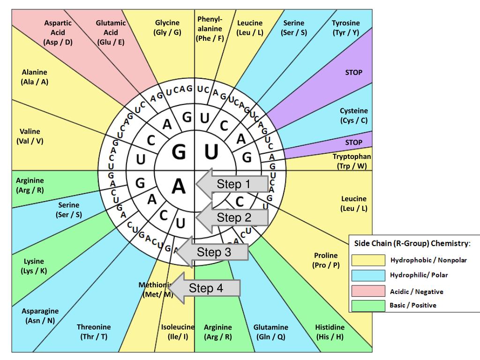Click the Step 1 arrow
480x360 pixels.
pos(233,184)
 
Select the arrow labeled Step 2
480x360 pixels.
pos(233,217)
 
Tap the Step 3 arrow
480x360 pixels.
pos(213,252)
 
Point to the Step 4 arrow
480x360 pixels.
pos(206,288)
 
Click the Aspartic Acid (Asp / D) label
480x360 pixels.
pos(58,32)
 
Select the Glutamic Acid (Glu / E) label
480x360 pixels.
pos(111,32)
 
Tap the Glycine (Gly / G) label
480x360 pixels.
pos(167,28)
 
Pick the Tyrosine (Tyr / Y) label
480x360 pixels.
pos(345,28)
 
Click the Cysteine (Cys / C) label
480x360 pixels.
pos(354,116)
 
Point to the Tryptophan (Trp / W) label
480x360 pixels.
pos(352,161)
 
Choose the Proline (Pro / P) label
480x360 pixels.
pos(326,260)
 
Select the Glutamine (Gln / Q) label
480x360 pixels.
pos(271,332)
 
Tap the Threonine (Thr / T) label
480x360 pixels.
pos(94,332)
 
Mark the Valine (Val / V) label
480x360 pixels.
pos(30,136)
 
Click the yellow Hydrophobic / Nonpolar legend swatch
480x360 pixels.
pos(368,260)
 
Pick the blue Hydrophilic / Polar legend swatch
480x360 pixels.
pos(368,275)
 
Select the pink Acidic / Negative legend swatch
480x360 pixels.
pos(368,291)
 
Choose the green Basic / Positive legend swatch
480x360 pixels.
pos(368,306)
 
